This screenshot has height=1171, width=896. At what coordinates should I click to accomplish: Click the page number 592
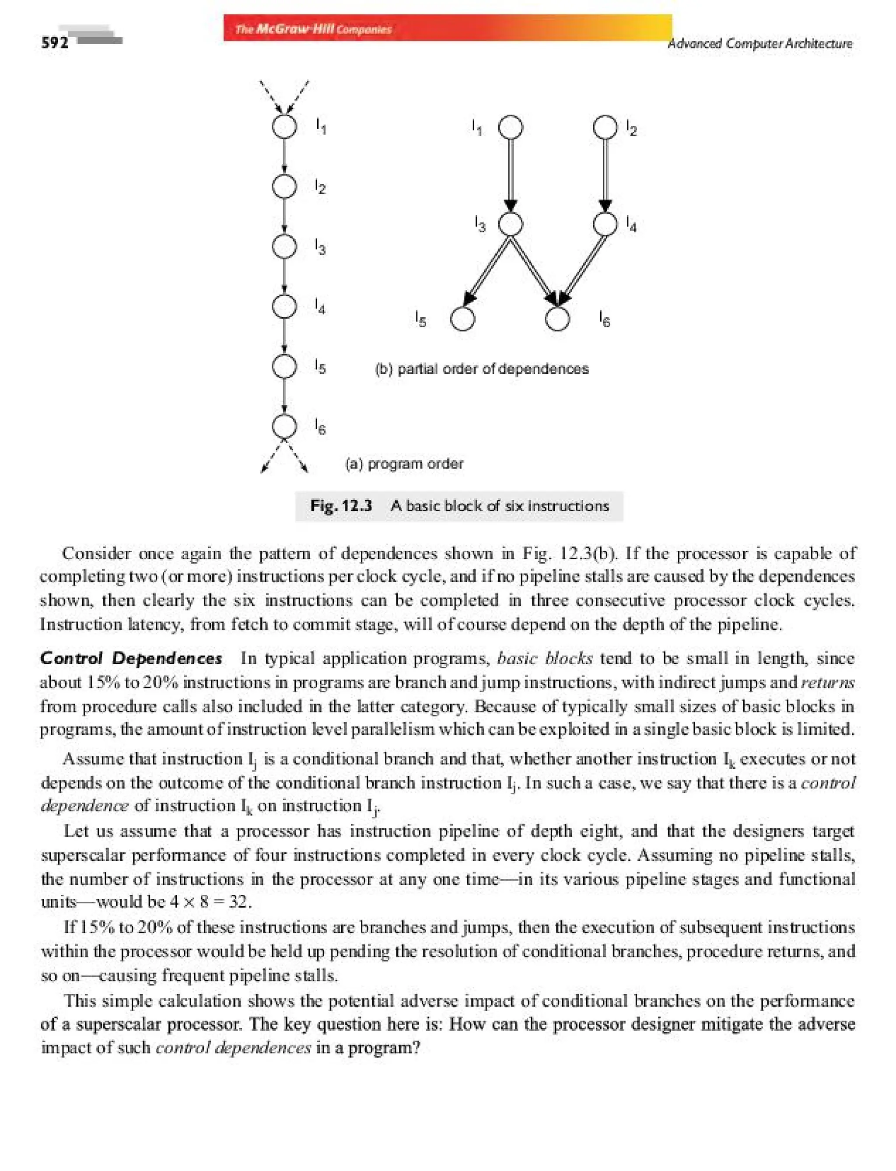tap(55, 43)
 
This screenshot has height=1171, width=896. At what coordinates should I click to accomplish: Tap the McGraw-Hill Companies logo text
tap(314, 29)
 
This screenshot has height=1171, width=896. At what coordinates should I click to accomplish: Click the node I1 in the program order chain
tap(284, 127)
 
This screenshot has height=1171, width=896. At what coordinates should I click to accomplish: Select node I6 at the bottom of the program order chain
tap(284, 426)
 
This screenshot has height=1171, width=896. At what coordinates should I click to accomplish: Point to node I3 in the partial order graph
tap(511, 224)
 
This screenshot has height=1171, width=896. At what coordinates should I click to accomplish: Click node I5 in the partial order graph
tap(462, 319)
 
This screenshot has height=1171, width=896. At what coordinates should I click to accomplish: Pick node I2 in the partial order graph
tap(605, 127)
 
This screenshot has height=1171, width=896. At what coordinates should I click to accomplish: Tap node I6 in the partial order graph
tap(558, 319)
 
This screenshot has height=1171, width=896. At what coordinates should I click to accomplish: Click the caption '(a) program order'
tap(404, 463)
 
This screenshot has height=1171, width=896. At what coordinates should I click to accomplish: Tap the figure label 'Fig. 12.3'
tap(341, 505)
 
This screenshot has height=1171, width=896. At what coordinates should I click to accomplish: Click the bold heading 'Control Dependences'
tap(131, 658)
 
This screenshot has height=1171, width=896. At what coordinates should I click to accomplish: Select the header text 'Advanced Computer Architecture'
tap(759, 43)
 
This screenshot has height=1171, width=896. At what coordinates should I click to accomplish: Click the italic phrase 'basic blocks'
tap(544, 658)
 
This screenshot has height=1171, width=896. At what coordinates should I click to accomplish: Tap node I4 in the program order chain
tap(284, 306)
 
